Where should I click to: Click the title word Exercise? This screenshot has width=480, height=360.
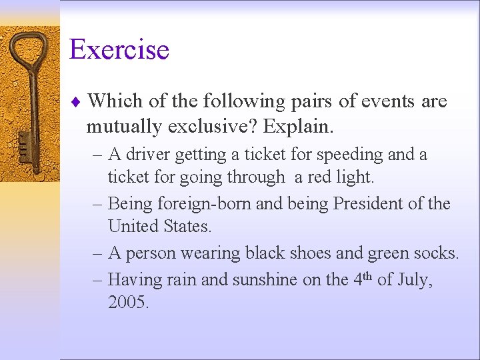click(119, 50)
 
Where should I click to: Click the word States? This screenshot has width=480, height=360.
click(187, 227)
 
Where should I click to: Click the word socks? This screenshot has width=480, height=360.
click(437, 253)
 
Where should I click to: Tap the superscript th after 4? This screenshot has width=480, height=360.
click(368, 275)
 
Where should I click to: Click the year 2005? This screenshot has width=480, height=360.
click(128, 303)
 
